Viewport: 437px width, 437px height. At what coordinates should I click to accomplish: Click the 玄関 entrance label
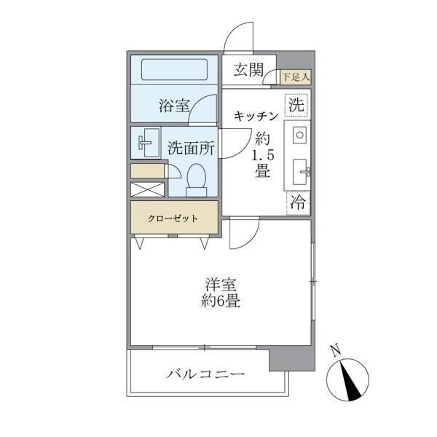248,71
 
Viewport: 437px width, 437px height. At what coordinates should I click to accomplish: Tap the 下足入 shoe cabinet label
296,76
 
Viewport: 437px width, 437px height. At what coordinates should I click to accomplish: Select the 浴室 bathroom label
174,106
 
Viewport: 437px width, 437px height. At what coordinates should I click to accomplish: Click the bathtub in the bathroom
174,70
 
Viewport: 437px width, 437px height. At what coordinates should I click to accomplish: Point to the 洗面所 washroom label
191,146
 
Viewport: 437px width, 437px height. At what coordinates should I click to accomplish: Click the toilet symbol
196,178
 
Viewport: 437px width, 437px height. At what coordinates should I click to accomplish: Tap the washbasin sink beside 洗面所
148,142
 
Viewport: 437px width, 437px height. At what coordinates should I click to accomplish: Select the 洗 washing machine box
296,105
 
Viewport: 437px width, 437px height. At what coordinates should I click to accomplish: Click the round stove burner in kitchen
299,135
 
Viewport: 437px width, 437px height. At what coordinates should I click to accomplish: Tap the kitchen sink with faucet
301,172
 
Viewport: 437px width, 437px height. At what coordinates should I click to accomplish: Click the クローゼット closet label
173,218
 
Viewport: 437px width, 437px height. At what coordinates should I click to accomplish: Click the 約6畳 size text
221,302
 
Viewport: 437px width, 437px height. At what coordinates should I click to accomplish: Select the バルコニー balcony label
205,374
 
